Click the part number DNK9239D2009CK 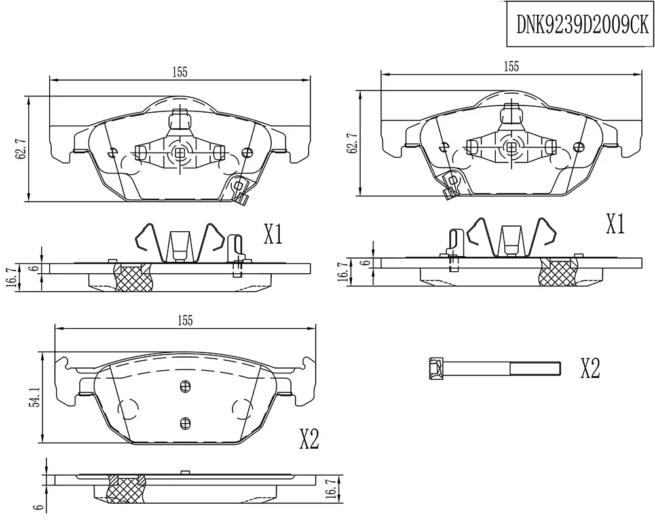(x=582, y=24)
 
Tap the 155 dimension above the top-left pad (x=180, y=72)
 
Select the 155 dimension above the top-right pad (x=512, y=66)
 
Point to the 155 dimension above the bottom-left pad (x=185, y=320)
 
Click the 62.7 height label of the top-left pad (x=20, y=146)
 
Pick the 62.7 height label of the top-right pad (x=352, y=143)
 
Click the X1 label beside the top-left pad (x=273, y=234)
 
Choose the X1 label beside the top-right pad (x=615, y=224)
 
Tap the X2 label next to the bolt (x=590, y=369)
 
